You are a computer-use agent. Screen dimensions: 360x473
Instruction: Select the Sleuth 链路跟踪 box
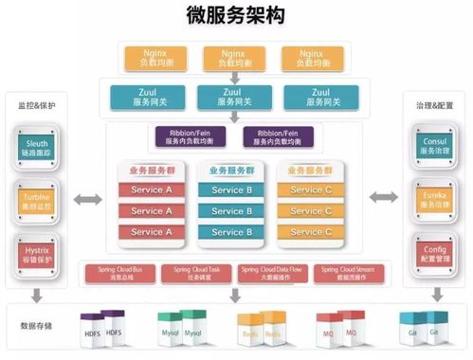[39, 145]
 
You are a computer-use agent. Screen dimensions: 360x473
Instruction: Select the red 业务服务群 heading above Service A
[146, 171]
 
